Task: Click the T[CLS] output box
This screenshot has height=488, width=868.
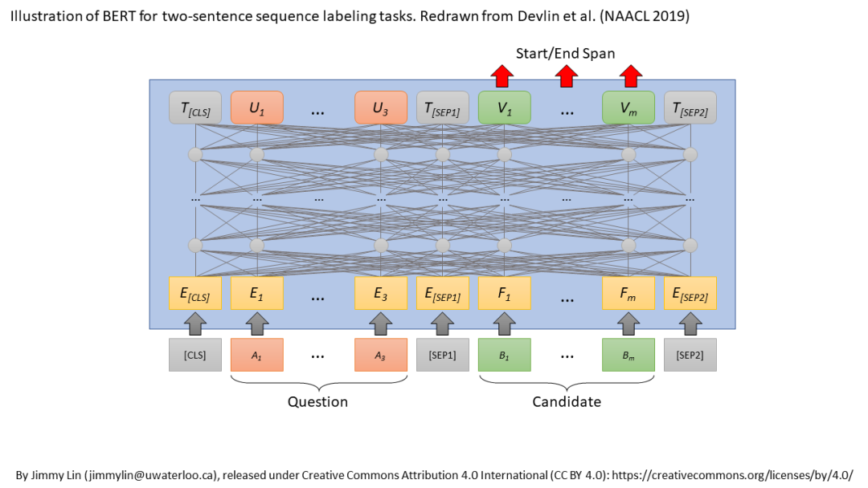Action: click(x=195, y=108)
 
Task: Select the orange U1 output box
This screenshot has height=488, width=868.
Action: click(x=257, y=108)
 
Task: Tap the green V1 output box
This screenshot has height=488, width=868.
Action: click(x=505, y=108)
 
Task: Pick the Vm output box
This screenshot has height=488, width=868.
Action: click(x=628, y=108)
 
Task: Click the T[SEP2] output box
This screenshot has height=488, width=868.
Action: click(x=690, y=108)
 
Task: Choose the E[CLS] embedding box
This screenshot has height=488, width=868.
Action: click(x=195, y=293)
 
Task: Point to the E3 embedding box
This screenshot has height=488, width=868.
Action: click(x=381, y=293)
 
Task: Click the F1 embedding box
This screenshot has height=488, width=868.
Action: click(x=505, y=293)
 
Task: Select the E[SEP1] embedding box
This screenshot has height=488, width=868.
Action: click(x=443, y=293)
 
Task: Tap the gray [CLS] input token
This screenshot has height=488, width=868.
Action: click(x=195, y=355)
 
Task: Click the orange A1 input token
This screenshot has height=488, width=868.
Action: click(x=257, y=355)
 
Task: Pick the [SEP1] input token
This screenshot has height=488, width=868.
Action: click(x=443, y=355)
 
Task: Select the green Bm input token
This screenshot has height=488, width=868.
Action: click(x=628, y=355)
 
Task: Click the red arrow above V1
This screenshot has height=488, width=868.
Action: click(x=503, y=76)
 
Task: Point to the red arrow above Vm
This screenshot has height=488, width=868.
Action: click(x=630, y=76)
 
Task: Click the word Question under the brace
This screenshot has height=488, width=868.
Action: click(x=318, y=401)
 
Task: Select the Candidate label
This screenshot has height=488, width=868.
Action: click(x=567, y=401)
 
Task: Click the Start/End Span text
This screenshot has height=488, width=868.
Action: click(x=565, y=54)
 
